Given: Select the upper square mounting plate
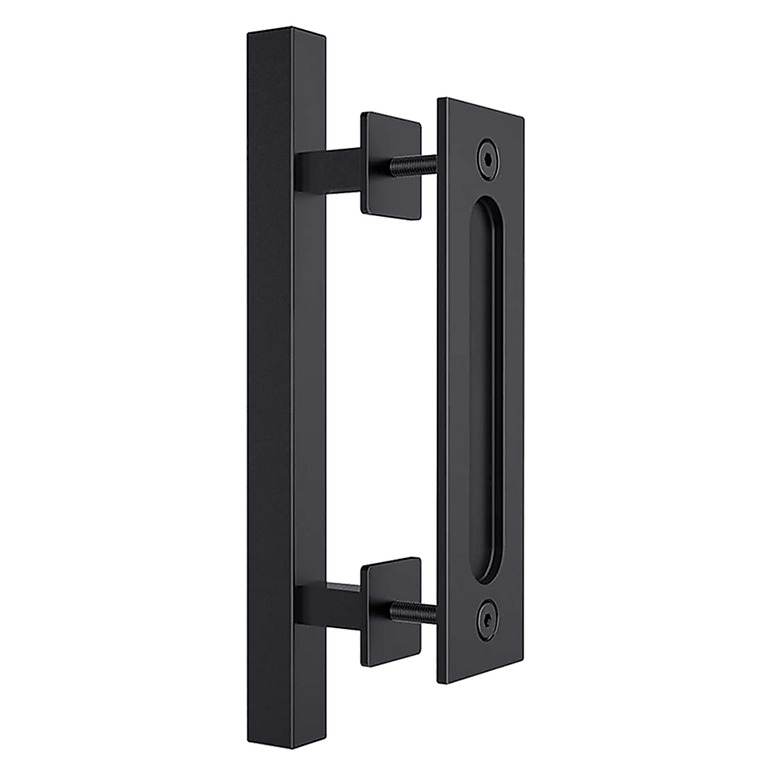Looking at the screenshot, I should pyautogui.click(x=391, y=164).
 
